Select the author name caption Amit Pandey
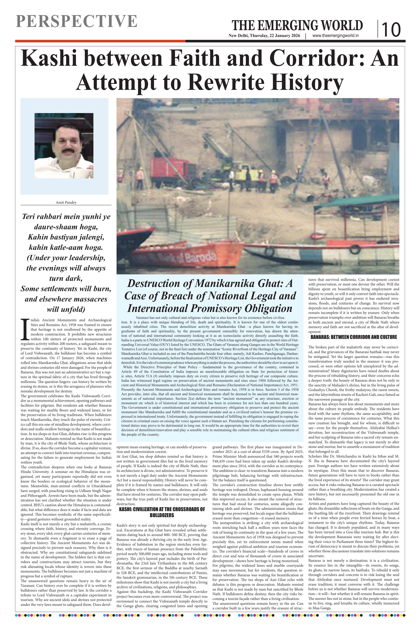coord(66,202)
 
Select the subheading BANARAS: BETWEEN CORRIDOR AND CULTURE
coord(354,337)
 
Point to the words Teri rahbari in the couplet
coord(42,216)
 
